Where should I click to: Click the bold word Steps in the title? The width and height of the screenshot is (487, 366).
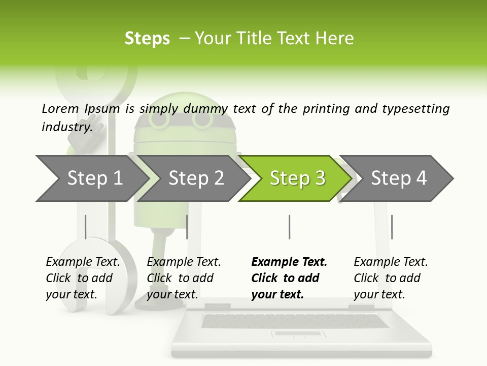(147, 39)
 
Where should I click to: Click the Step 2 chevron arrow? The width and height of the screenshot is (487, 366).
(194, 178)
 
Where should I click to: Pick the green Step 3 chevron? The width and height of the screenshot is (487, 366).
(295, 178)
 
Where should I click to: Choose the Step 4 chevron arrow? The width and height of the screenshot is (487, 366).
(397, 178)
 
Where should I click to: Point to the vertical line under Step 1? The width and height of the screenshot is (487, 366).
(85, 227)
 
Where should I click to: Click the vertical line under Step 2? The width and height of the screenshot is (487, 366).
(187, 227)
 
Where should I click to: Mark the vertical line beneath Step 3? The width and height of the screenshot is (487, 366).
(289, 227)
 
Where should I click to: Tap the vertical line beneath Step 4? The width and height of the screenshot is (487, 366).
(392, 227)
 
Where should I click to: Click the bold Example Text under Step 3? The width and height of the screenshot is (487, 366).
(289, 262)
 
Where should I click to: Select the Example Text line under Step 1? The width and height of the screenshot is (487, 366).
(83, 262)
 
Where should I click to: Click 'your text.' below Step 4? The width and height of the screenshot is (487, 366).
(379, 294)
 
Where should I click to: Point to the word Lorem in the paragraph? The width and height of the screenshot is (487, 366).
(60, 109)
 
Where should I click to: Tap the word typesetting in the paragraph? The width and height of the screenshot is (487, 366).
(416, 109)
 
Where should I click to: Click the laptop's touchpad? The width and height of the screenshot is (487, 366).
(298, 334)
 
